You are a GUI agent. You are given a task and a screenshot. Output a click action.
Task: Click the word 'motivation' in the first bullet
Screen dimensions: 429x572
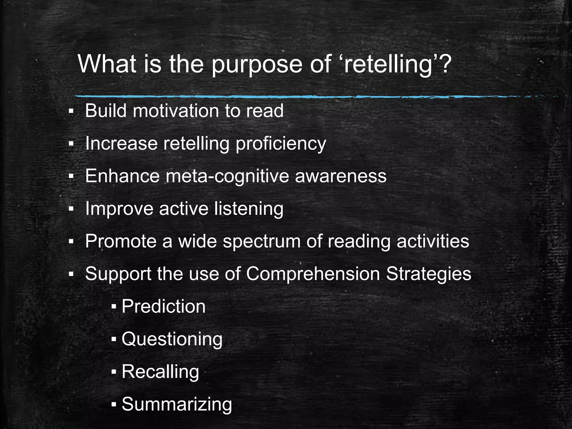176,111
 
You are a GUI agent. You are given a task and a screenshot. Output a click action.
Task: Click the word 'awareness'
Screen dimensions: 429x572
340,176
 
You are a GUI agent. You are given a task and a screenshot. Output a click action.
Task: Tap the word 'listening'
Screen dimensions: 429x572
249,209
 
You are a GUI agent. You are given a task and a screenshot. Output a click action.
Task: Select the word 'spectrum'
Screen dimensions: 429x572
261,242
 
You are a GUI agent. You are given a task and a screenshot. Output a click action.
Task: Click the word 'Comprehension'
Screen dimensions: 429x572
313,274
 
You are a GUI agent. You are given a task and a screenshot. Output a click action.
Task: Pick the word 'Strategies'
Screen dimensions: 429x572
428,274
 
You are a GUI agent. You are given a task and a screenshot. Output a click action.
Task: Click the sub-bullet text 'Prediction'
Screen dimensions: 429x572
163,307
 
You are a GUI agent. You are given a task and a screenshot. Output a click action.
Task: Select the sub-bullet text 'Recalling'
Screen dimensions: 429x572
160,372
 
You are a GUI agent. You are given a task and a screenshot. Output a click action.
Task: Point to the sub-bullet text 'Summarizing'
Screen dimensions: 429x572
177,404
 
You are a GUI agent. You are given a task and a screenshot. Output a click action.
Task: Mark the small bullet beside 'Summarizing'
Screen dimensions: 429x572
113,404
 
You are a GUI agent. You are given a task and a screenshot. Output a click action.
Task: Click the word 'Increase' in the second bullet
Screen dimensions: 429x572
121,144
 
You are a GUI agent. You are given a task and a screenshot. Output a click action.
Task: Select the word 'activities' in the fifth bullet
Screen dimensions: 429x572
433,242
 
